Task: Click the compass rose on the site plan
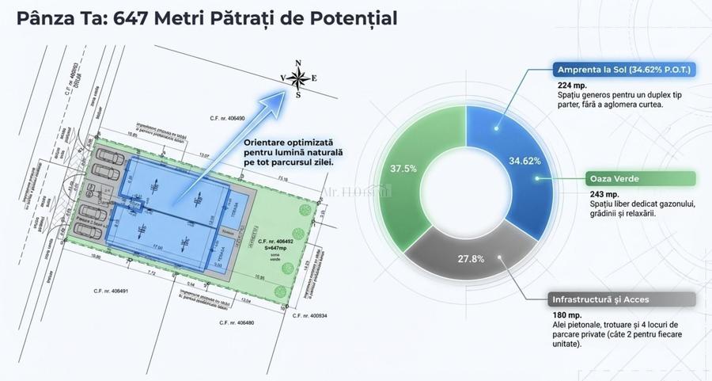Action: pyautogui.click(x=298, y=78)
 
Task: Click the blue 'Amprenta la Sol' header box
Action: pyautogui.click(x=623, y=70)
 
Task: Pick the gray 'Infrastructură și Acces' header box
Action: pyautogui.click(x=621, y=299)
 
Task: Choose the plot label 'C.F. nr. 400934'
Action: pyautogui.click(x=310, y=317)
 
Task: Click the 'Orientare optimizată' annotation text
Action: pyautogui.click(x=287, y=143)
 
